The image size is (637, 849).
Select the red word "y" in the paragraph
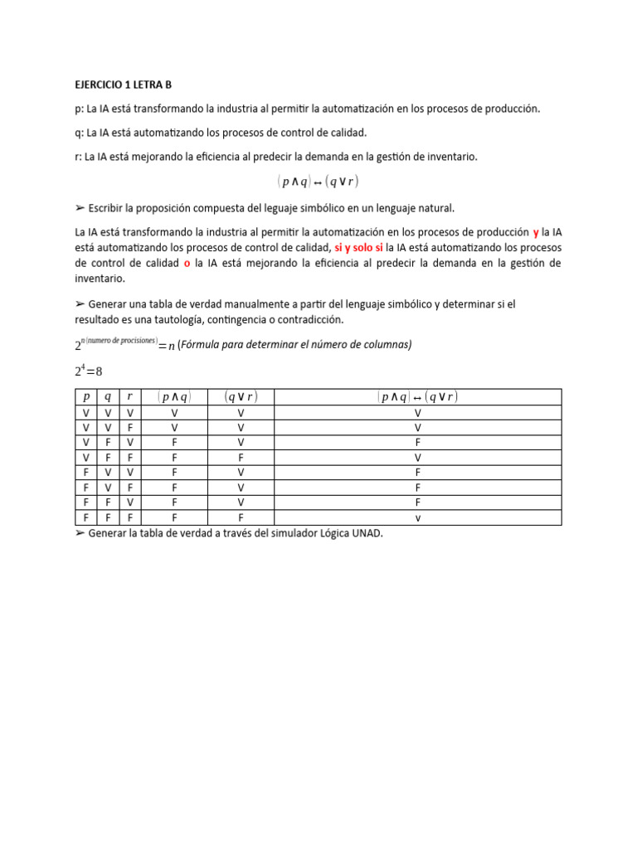point(536,232)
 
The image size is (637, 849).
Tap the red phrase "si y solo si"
point(358,248)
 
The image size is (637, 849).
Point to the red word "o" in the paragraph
point(187,263)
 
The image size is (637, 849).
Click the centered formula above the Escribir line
point(318,182)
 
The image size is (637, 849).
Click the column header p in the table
point(87,397)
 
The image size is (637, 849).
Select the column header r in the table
point(130,397)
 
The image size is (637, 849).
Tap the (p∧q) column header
point(174,397)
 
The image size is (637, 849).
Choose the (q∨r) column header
point(241,397)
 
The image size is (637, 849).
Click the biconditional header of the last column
point(417,397)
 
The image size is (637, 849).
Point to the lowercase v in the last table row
point(417,518)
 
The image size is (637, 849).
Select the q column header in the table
point(109,397)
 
